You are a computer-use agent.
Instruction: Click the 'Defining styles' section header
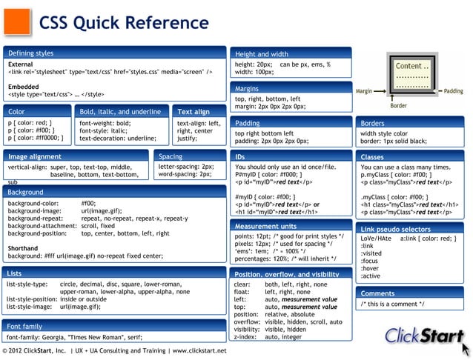(31, 53)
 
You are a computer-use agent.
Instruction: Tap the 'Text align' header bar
(194, 112)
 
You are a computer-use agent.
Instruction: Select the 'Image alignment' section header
(35, 157)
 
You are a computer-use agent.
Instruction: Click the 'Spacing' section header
(171, 157)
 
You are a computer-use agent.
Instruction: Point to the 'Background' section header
(26, 192)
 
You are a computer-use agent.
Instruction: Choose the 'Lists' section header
(15, 273)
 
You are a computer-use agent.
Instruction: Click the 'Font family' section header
(24, 326)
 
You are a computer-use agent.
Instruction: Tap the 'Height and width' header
(262, 54)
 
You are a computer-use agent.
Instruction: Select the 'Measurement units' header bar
(265, 226)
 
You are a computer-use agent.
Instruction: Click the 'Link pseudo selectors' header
(395, 230)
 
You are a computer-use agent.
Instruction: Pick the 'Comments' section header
(377, 293)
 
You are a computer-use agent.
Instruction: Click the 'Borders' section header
(372, 123)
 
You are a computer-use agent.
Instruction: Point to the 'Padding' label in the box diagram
(453, 91)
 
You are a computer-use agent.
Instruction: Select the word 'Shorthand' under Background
(23, 248)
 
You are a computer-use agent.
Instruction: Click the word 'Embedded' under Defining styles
(23, 86)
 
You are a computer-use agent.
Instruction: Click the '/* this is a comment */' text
(393, 304)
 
